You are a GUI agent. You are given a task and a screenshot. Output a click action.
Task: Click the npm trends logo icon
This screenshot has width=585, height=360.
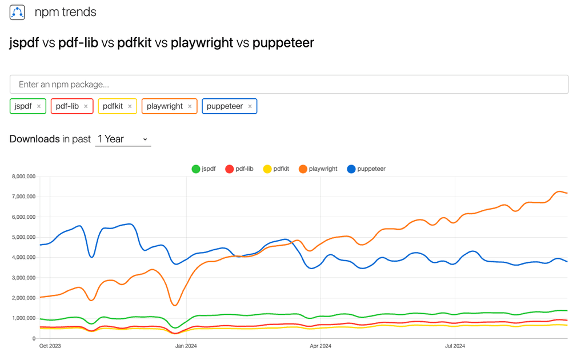tap(17, 13)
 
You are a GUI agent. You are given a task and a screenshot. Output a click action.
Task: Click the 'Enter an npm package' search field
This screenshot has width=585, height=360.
tap(289, 85)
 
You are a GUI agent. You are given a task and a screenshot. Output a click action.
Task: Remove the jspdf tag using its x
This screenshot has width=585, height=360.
tap(39, 106)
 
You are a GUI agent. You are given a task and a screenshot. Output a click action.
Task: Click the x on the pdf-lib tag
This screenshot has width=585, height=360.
tap(86, 106)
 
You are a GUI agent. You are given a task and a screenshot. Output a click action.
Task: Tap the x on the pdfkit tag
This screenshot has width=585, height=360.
tap(130, 106)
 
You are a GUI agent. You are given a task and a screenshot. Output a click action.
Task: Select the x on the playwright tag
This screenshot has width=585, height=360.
tap(190, 106)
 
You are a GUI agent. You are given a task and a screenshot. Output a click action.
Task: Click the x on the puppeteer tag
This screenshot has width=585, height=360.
tap(250, 106)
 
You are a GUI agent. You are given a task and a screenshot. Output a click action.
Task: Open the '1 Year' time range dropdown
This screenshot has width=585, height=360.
tap(123, 139)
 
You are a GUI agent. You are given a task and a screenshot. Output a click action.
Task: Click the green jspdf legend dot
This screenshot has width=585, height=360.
tap(196, 169)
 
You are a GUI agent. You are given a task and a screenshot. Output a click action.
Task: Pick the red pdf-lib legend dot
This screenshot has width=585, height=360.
tap(230, 169)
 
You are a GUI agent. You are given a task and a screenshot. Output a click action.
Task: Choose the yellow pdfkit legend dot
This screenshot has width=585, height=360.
tap(267, 169)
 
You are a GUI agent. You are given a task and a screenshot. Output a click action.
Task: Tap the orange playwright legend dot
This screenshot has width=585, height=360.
tap(303, 169)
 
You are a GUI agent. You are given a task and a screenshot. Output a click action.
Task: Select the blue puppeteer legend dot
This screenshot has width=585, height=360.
tap(351, 169)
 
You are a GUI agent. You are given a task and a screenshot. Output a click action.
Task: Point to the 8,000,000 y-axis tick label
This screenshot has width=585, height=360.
tap(23, 177)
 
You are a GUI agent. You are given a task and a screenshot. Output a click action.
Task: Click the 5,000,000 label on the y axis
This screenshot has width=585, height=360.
tap(23, 237)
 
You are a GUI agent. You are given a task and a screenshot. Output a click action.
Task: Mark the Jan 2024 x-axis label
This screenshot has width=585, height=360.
tap(186, 346)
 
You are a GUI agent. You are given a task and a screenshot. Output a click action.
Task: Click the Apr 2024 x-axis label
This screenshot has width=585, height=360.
tap(320, 346)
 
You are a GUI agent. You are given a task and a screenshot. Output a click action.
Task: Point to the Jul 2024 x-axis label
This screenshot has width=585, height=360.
tap(455, 346)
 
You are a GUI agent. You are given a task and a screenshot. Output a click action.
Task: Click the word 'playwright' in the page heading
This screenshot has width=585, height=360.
tap(202, 43)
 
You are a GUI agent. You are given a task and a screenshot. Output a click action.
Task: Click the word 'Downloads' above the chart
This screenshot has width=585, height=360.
tap(34, 139)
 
